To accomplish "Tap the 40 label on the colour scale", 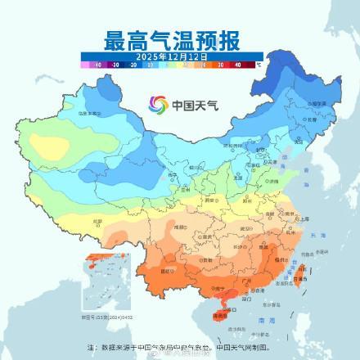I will pos(237,63).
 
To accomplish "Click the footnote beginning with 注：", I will pos(180,347).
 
